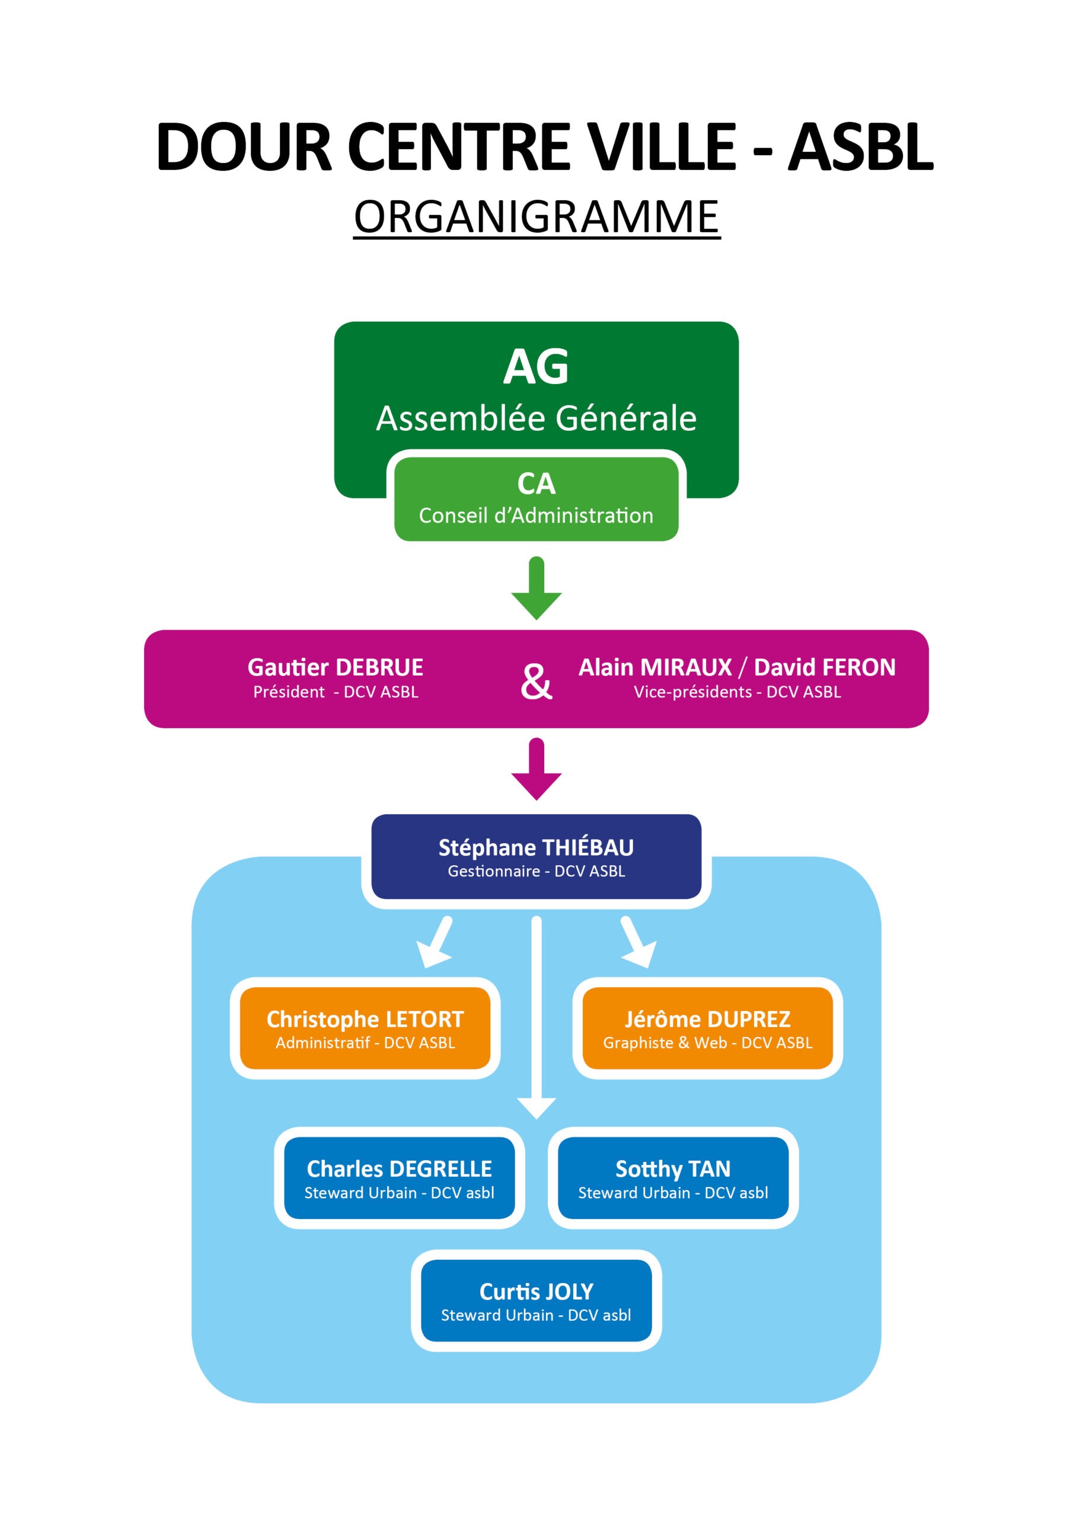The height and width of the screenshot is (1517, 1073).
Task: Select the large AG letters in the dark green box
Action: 536,367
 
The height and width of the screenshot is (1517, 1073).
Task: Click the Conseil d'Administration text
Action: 536,516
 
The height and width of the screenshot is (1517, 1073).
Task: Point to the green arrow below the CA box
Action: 536,588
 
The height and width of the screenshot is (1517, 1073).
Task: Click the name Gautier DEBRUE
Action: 335,667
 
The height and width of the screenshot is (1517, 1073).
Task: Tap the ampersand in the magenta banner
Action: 536,681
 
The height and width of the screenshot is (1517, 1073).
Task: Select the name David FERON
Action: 825,667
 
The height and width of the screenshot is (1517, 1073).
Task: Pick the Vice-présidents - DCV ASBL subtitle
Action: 737,692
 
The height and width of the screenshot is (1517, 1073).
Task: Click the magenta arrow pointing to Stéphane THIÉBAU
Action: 536,769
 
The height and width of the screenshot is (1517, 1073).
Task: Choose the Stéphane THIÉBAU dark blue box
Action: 536,856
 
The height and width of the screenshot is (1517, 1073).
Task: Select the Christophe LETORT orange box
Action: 365,1028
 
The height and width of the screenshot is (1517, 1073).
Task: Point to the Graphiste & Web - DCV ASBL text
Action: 707,1042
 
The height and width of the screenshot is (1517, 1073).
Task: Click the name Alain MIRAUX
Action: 655,667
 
